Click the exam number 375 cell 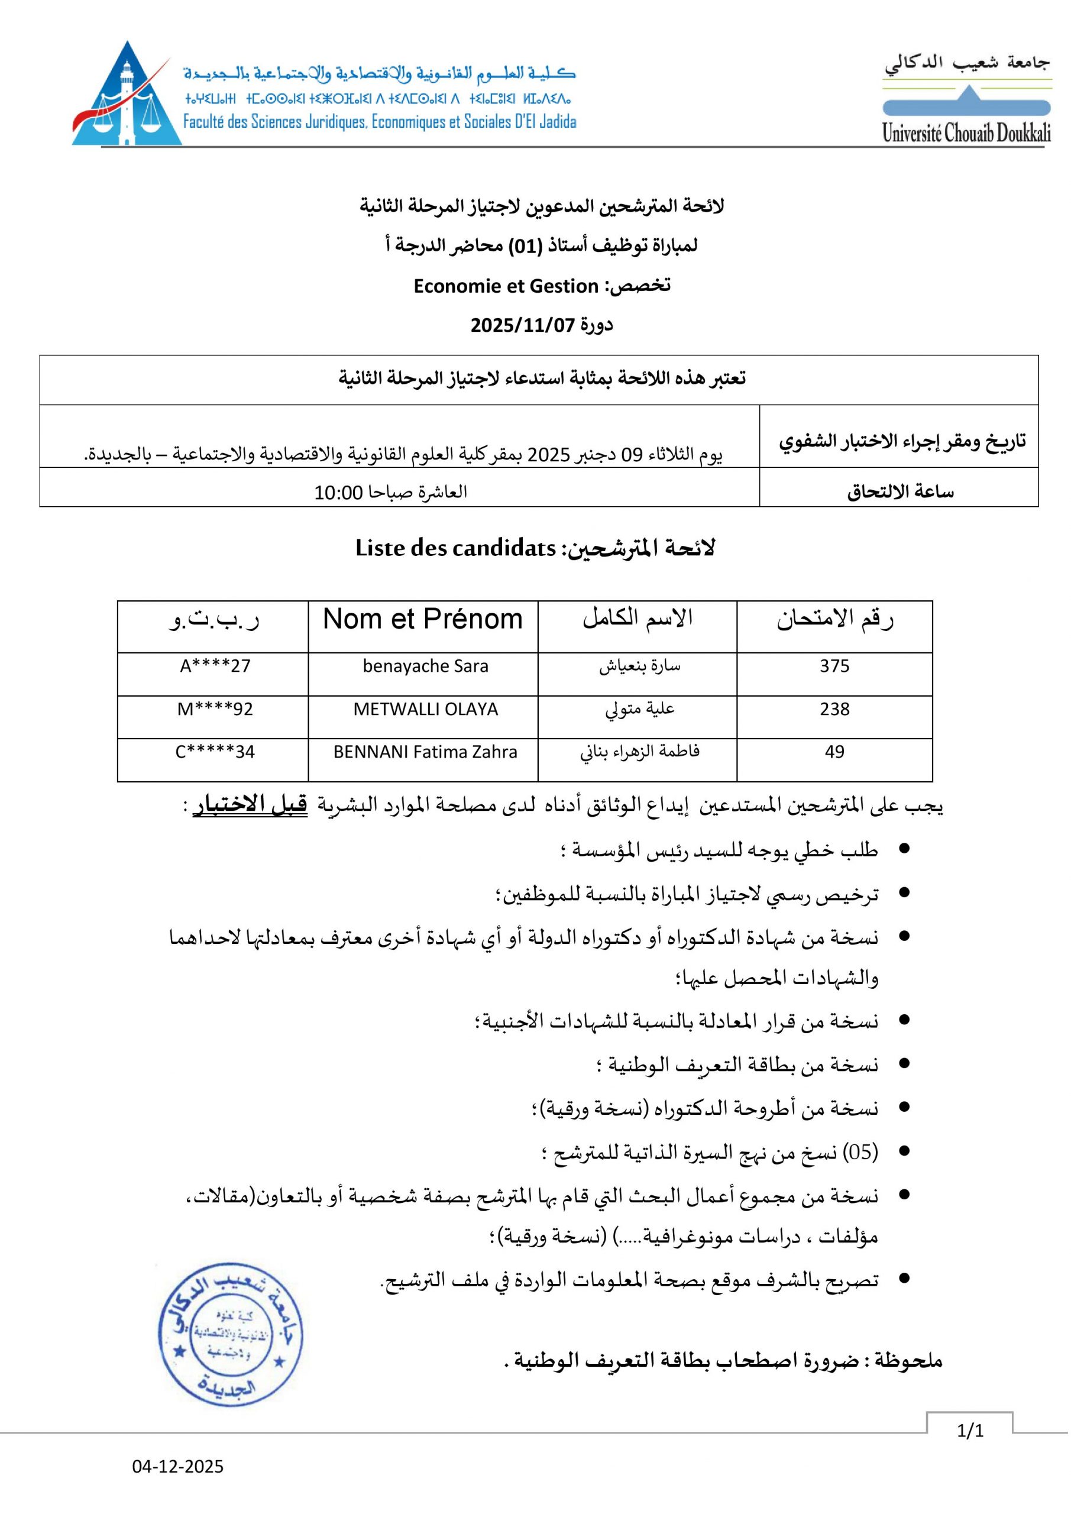coord(834,666)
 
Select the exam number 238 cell coord(834,710)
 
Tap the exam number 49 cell coord(834,752)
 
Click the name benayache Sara coord(425,666)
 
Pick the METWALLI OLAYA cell coord(425,710)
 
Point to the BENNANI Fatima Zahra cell coord(425,752)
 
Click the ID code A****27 coord(216,666)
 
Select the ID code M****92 coord(216,710)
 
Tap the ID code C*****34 coord(215,752)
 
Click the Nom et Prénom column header coord(423,619)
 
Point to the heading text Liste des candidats coord(455,549)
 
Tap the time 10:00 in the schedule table coord(338,493)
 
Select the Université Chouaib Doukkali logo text coord(966,134)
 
